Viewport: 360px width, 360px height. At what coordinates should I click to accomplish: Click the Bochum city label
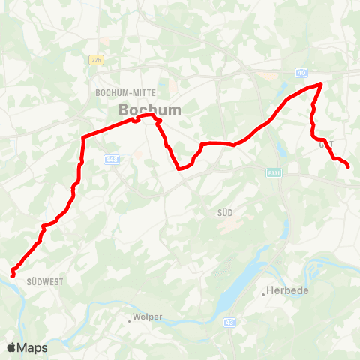(150, 109)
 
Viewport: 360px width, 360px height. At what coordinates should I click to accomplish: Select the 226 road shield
(96, 59)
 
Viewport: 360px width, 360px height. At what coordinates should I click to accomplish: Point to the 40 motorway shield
(301, 72)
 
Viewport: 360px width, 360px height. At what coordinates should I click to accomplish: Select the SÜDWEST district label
(44, 281)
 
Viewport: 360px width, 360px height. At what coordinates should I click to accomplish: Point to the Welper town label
(147, 317)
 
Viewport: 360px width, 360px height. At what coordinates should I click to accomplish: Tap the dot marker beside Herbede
(264, 294)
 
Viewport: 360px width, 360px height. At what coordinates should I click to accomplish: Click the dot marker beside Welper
(129, 320)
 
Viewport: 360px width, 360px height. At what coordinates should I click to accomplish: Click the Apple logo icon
(12, 347)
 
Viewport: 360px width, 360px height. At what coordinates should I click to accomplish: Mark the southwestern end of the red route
(13, 274)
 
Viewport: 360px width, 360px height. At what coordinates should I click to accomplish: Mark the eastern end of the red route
(349, 166)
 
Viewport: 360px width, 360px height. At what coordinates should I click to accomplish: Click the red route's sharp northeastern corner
(321, 83)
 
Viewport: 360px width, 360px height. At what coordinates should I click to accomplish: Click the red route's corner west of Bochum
(82, 137)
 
